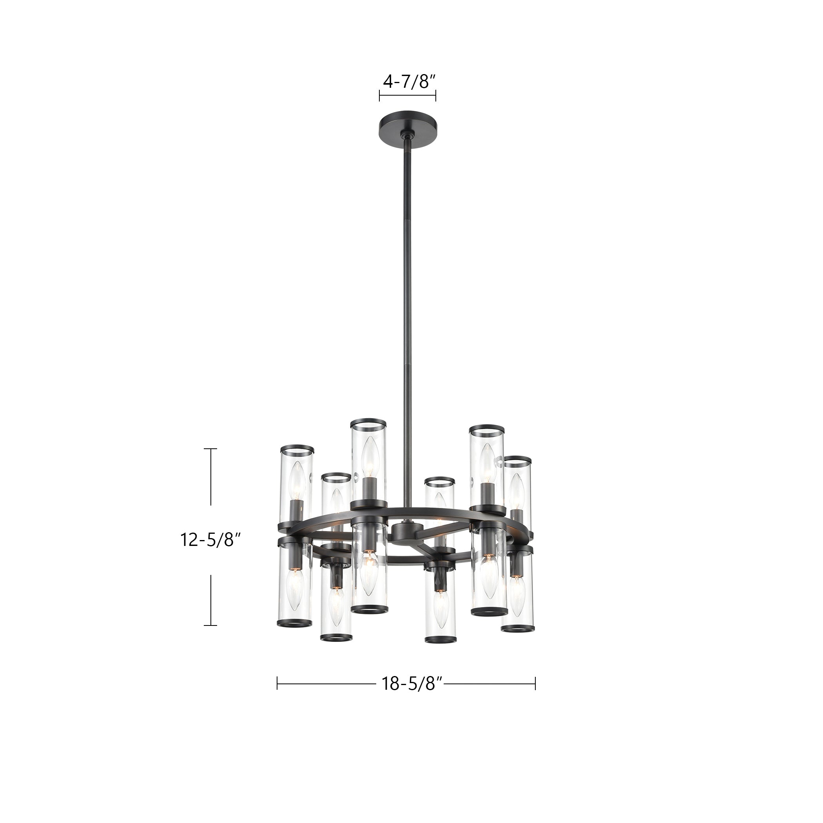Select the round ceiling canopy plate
click(408, 123)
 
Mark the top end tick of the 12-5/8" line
click(210, 449)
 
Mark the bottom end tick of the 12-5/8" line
click(210, 625)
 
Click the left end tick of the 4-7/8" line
click(379, 95)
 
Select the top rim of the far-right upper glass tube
click(518, 460)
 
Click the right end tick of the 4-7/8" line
click(436, 95)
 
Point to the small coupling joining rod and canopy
click(408, 137)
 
